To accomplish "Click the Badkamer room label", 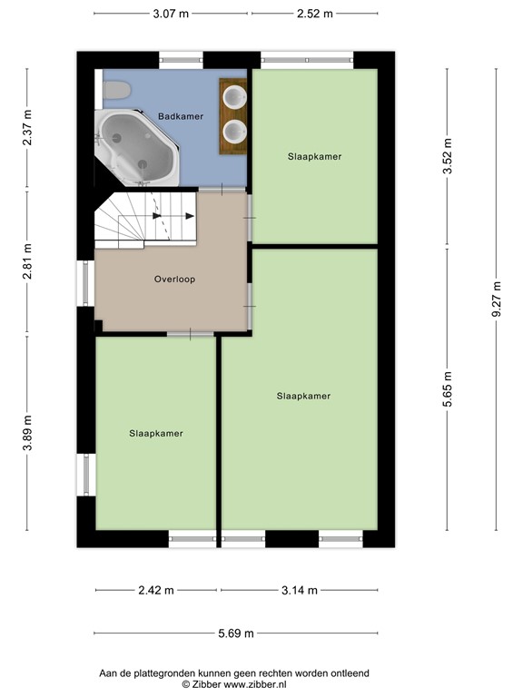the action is [x=181, y=116].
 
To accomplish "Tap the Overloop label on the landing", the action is [x=174, y=280].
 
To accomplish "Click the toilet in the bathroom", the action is [x=116, y=90].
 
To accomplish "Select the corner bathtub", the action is [x=137, y=148].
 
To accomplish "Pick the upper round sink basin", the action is [x=234, y=97].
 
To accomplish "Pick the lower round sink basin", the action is [x=234, y=132].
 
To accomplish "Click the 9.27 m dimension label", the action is [x=497, y=299].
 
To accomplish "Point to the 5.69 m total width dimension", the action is [x=236, y=633].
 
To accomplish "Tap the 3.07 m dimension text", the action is [x=171, y=14].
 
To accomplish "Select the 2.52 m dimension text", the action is [x=315, y=14].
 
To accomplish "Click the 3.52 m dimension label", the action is [x=448, y=156].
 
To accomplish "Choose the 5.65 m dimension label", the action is [x=448, y=389].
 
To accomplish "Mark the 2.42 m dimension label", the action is [x=156, y=590].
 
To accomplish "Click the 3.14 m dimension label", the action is [x=300, y=590].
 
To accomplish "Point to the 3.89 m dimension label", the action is [x=27, y=433].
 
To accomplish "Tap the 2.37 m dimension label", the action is [x=27, y=127].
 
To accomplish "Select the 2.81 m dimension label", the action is [x=27, y=261].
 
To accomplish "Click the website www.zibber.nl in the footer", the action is [x=255, y=684].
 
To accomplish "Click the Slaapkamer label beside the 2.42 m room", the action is [x=156, y=434].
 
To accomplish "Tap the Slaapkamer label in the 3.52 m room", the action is [x=314, y=156].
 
